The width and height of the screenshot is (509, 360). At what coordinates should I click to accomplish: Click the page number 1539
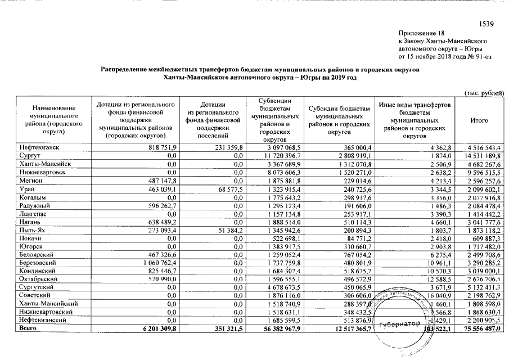pyautogui.click(x=486, y=24)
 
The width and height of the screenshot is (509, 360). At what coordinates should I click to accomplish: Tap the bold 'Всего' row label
pyautogui.click(x=27, y=327)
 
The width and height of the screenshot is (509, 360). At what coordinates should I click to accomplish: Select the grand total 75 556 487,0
pyautogui.click(x=481, y=327)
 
